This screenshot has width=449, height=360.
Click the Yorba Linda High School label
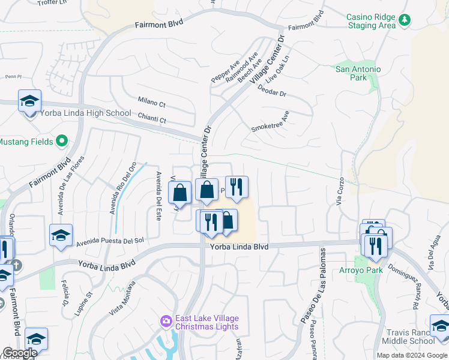(x=85, y=113)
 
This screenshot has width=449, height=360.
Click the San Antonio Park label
(x=358, y=73)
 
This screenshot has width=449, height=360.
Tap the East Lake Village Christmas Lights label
(x=206, y=322)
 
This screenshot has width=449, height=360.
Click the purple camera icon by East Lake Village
(x=166, y=322)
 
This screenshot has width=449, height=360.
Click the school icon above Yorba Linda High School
(x=29, y=101)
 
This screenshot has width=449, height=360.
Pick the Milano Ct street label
(x=151, y=103)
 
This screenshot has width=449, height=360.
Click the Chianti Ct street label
(x=152, y=120)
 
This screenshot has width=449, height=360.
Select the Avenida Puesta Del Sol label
(x=110, y=241)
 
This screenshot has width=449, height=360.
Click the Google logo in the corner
(x=20, y=353)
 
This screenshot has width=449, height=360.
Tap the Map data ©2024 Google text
(x=411, y=355)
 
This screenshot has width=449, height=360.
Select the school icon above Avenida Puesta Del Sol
(x=61, y=236)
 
